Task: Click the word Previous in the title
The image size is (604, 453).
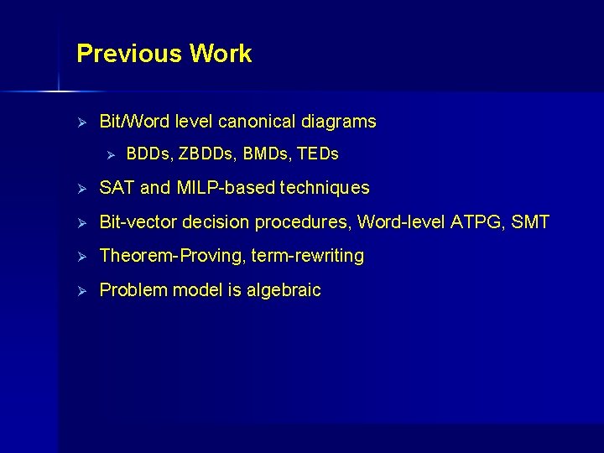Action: click(x=129, y=54)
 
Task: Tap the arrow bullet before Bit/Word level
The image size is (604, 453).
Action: click(x=82, y=122)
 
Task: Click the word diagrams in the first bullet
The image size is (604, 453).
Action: click(x=342, y=122)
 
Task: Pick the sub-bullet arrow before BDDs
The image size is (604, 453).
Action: click(x=109, y=155)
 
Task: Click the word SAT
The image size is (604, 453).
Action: click(x=117, y=188)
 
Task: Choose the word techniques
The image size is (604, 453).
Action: click(x=324, y=188)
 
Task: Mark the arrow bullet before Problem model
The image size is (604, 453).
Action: click(x=82, y=291)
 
